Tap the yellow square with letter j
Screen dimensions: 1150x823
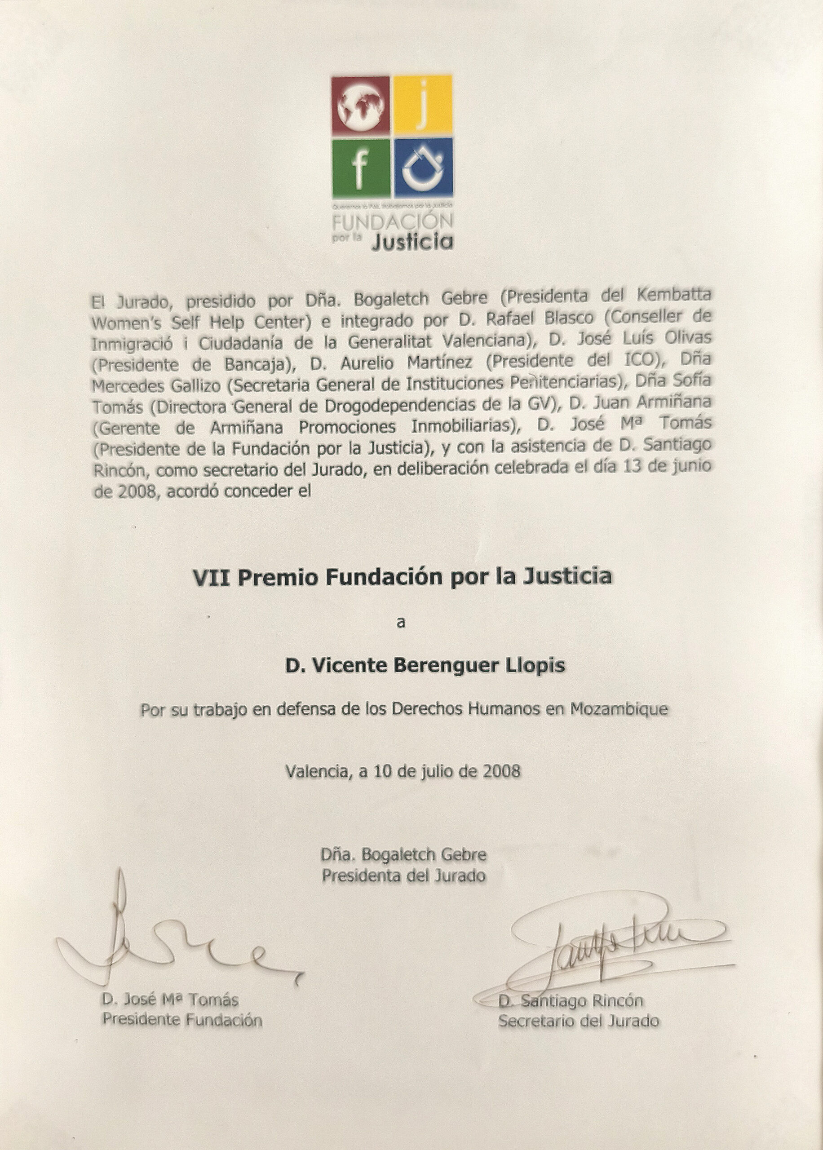pyautogui.click(x=423, y=106)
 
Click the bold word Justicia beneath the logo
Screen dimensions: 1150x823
pyautogui.click(x=411, y=242)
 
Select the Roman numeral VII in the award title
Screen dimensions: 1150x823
pyautogui.click(x=212, y=577)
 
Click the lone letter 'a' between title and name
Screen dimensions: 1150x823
pyautogui.click(x=401, y=623)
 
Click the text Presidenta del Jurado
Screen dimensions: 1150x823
pyautogui.click(x=404, y=876)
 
